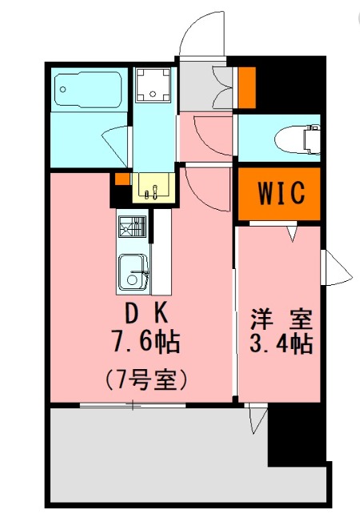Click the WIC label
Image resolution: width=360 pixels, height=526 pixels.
[279, 193]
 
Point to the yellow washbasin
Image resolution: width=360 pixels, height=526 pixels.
[152, 187]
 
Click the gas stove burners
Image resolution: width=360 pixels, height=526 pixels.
[131, 227]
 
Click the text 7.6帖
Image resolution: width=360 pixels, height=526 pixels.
[145, 343]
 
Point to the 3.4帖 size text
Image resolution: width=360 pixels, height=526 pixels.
[279, 344]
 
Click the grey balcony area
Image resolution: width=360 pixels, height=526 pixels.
[160, 456]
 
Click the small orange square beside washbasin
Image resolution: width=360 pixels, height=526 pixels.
[121, 179]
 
